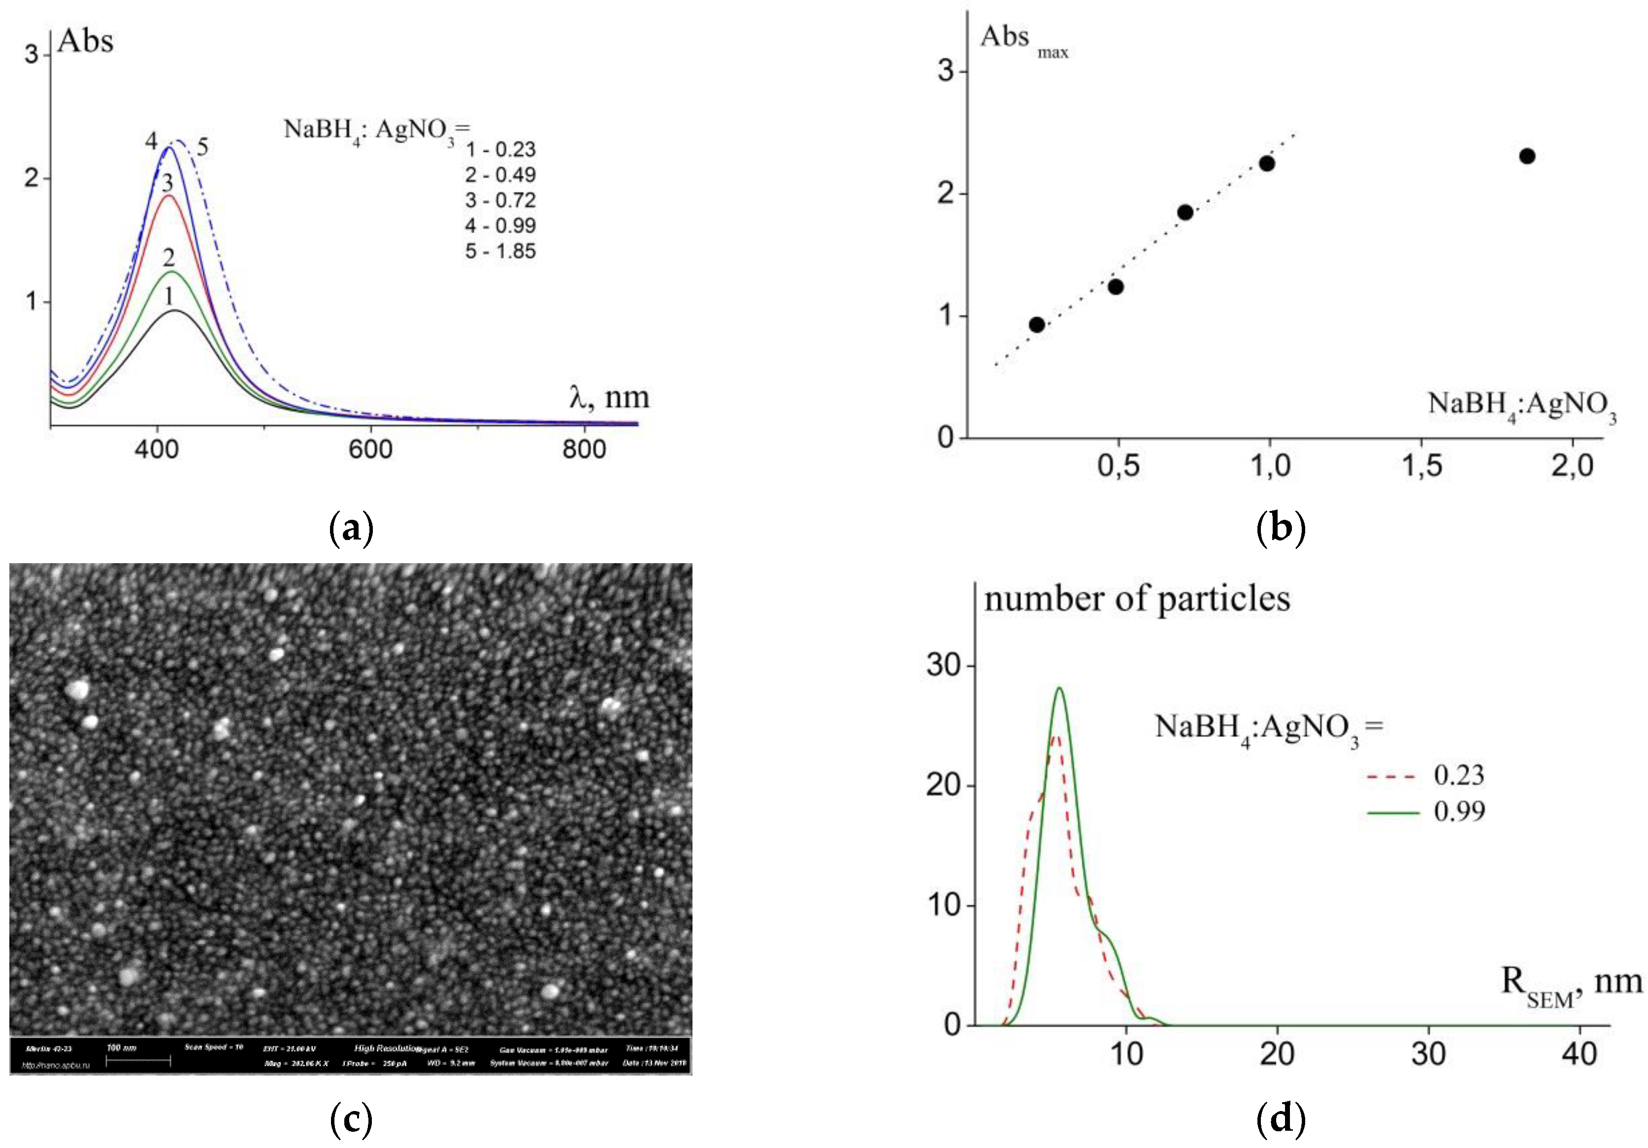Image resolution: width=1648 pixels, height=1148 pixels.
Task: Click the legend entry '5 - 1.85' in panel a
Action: [500, 251]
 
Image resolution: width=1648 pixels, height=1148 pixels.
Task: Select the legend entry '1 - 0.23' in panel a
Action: [500, 149]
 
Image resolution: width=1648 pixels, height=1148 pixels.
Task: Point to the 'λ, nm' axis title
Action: [609, 397]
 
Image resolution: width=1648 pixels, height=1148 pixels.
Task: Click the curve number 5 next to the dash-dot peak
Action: [202, 148]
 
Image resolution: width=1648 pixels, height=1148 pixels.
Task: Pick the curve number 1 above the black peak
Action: [169, 296]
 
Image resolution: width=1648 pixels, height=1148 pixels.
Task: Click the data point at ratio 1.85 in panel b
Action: [1527, 156]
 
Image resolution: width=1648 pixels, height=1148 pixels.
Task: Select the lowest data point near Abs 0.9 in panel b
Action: [1036, 325]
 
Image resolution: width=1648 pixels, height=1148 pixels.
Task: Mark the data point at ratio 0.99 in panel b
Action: [1267, 164]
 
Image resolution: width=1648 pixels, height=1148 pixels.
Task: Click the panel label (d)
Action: [1281, 1118]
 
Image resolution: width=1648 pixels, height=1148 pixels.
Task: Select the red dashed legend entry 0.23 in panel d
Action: [1425, 776]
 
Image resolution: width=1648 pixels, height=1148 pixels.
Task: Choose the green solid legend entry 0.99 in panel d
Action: [1425, 812]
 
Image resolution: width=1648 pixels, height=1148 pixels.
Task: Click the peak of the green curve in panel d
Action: [1059, 688]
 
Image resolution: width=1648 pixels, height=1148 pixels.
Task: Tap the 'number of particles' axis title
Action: [1137, 599]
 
